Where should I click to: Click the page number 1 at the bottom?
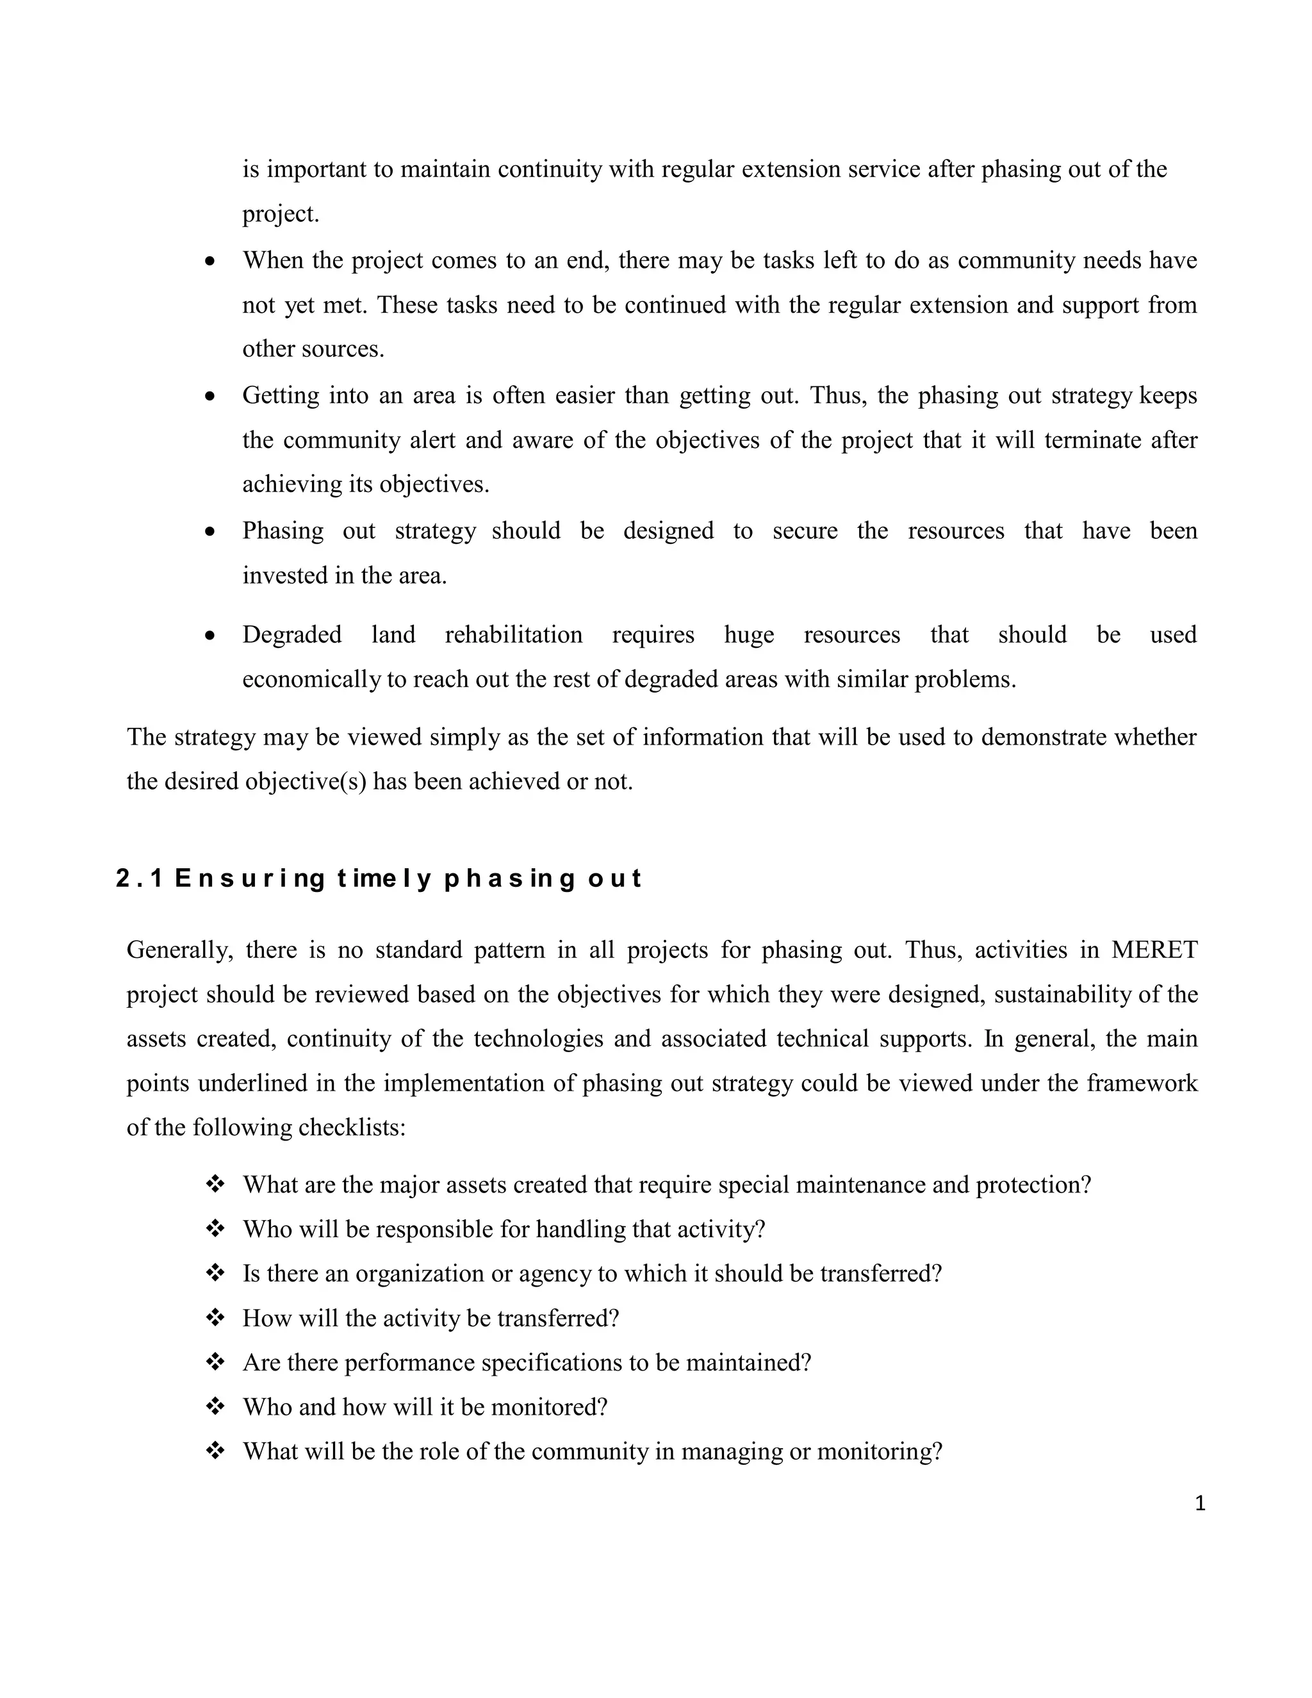point(1199,1504)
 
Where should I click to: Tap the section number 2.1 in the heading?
point(138,878)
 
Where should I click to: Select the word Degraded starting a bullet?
point(291,635)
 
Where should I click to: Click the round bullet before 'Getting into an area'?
point(210,397)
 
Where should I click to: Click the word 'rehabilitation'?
point(513,635)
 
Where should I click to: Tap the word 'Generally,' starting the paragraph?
point(179,950)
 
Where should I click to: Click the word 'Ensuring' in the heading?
point(249,878)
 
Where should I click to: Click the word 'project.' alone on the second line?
point(281,215)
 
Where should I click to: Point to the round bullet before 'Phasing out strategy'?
point(210,532)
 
